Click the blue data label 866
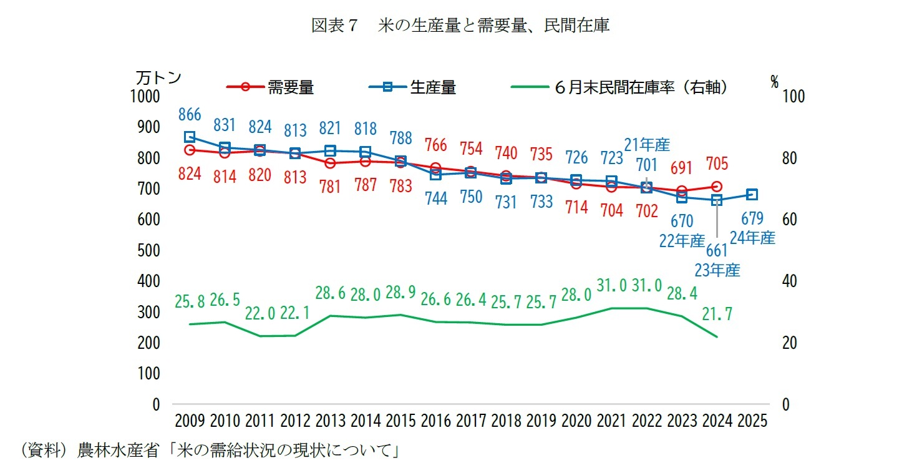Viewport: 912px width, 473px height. click(189, 114)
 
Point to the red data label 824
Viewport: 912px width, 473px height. click(189, 174)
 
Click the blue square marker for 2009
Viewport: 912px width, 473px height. click(190, 137)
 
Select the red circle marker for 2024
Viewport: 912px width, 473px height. click(717, 187)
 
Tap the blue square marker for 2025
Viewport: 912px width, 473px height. click(752, 195)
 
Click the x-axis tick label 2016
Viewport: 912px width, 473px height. click(435, 421)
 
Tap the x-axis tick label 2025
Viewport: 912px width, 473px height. click(752, 421)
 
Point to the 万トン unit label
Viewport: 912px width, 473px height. click(158, 78)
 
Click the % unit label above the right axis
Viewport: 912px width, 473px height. click(774, 82)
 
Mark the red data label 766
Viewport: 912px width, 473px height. click(435, 145)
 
